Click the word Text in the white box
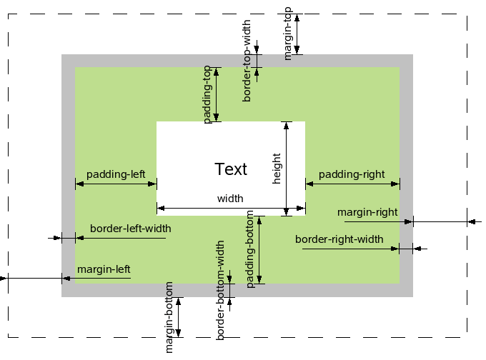point(231,169)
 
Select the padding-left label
point(116,174)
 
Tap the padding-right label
point(352,174)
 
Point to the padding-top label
point(207,94)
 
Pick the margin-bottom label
point(169,316)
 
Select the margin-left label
point(104,269)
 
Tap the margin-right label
point(367,212)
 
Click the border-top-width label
point(247,61)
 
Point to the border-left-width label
point(130,229)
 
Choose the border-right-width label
point(339,239)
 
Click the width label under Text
point(230,199)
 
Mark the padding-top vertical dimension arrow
point(217,94)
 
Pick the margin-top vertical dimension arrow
point(297,33)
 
